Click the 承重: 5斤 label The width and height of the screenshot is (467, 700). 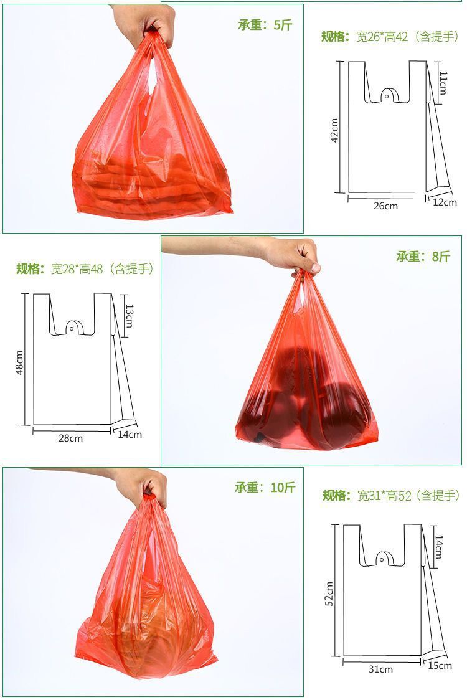264,26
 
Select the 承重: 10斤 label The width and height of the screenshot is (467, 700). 265,488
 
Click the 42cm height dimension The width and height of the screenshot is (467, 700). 334,131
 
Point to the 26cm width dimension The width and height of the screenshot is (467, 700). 385,206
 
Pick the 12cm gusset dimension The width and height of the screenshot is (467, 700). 444,202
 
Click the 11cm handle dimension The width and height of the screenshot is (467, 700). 443,82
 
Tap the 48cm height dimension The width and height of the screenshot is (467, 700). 19,363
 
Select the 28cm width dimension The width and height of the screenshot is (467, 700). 70,438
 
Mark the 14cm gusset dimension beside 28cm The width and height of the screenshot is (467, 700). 130,435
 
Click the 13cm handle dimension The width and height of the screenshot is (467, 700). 129,316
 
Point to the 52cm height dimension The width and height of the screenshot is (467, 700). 329,594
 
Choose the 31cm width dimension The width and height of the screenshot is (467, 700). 380,669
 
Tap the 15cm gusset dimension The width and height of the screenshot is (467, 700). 440,666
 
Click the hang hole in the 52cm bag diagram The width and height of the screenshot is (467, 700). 382,560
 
